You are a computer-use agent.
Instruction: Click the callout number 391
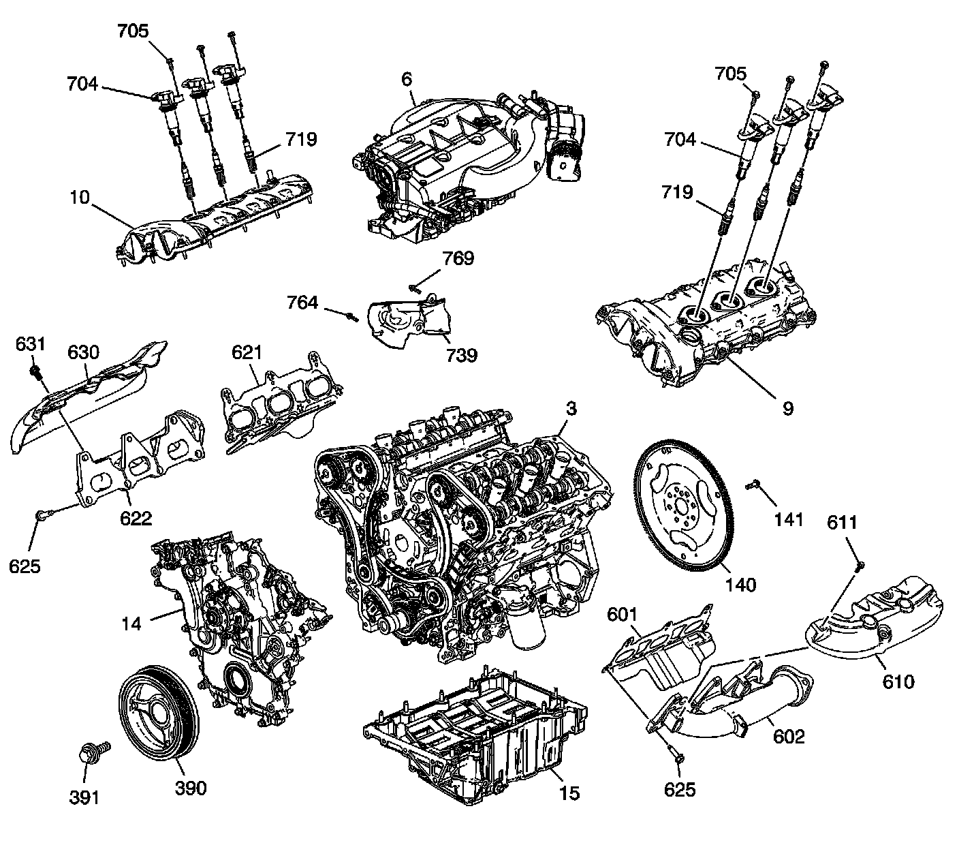(84, 797)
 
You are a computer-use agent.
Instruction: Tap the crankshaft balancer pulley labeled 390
(158, 716)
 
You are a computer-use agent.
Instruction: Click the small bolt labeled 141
(753, 485)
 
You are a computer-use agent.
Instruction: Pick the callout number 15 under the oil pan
(569, 793)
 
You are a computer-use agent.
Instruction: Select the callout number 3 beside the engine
(571, 409)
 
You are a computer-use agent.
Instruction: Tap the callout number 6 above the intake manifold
(407, 80)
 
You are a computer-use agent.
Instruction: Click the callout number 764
(302, 302)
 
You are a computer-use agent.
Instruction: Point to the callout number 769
(458, 260)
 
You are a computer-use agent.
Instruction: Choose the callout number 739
(461, 355)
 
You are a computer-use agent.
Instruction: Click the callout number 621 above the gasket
(247, 352)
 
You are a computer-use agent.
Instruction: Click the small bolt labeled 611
(859, 564)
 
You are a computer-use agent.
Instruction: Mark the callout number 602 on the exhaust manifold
(789, 736)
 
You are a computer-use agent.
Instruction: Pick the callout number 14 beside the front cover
(131, 622)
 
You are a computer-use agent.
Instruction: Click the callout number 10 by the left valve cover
(80, 198)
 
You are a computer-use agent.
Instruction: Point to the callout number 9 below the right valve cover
(787, 408)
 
